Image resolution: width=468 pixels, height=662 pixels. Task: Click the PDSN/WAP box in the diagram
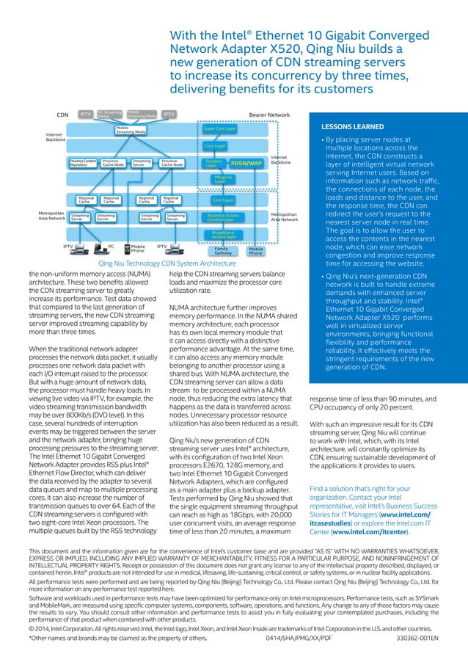tap(246, 164)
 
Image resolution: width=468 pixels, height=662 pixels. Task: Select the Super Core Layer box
tap(221, 128)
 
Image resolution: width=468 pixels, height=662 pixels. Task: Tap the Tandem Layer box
tap(214, 164)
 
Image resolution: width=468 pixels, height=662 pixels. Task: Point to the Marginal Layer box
tap(222, 179)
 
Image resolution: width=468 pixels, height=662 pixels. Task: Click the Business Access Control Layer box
tap(223, 217)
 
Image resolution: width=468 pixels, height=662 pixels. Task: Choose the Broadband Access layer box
tap(224, 235)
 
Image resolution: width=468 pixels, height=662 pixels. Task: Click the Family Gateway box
tap(222, 251)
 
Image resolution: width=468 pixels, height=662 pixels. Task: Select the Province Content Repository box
tap(83, 164)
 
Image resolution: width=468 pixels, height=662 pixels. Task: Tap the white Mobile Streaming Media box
tap(131, 130)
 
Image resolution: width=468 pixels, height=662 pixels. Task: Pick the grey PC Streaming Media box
tap(109, 114)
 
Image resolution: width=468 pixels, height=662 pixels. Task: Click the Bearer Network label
tap(270, 115)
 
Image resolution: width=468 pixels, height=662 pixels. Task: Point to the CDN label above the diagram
tap(62, 115)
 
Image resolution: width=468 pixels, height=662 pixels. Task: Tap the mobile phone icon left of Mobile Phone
tap(127, 249)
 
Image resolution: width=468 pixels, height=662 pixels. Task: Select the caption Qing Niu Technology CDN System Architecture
tap(167, 262)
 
